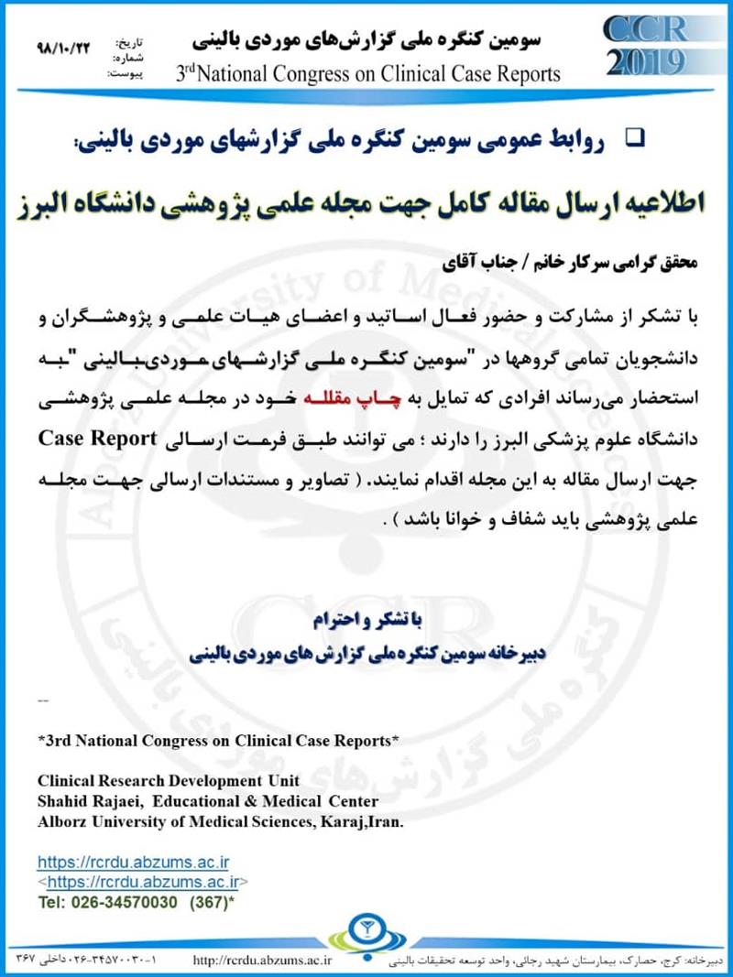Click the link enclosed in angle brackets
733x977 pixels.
[142, 882]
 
